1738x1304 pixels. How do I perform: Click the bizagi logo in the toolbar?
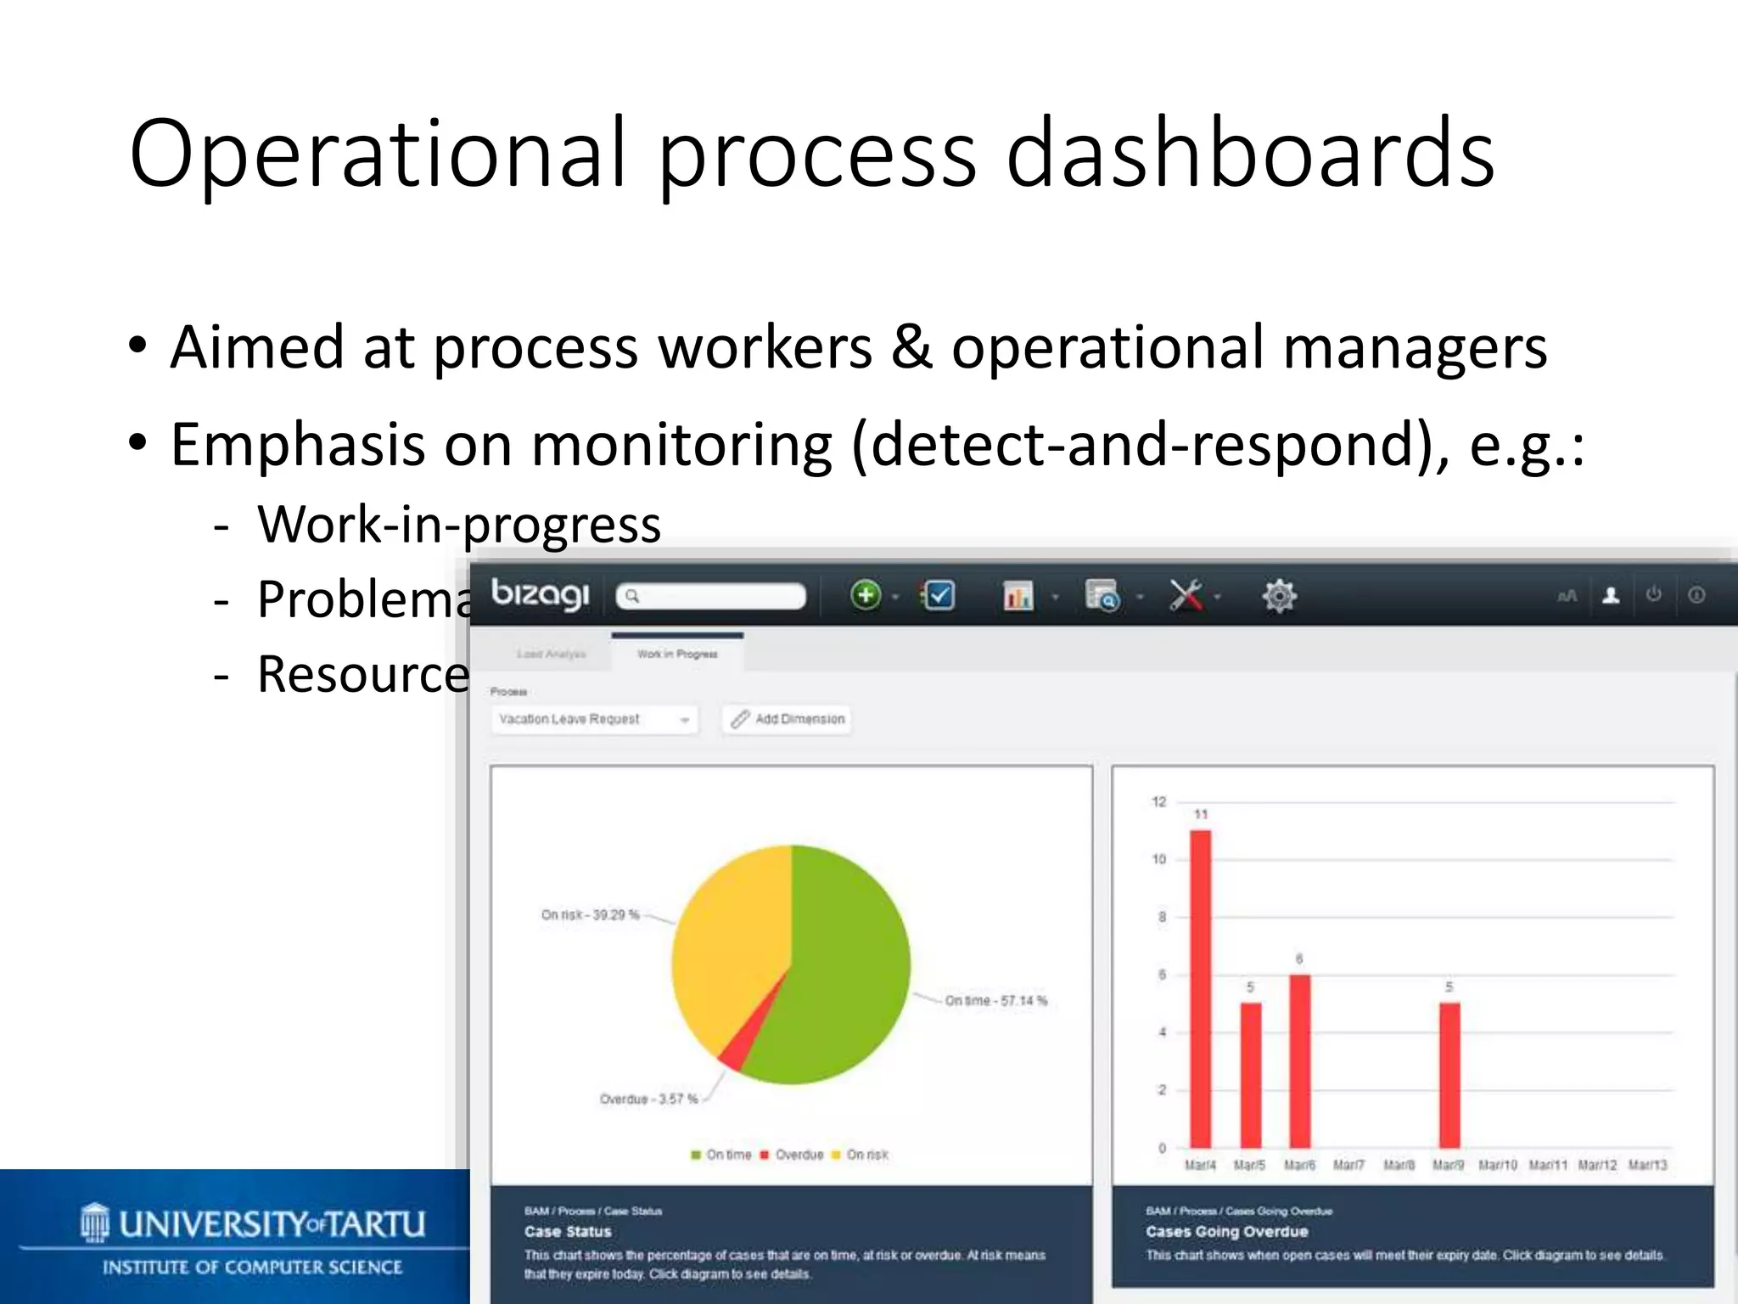coord(540,593)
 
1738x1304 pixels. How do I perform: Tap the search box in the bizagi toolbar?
coord(711,596)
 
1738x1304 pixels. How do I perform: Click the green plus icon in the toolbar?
coord(866,595)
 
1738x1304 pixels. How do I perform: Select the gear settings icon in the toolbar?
coord(1279,596)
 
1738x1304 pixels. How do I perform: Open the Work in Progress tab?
coord(677,654)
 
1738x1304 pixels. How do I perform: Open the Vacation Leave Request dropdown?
coord(594,719)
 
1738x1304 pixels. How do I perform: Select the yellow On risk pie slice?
coord(726,942)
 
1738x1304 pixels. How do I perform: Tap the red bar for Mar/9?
coord(1449,1075)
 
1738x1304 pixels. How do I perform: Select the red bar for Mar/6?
coord(1299,1061)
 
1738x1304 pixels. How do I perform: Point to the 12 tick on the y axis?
coord(1159,802)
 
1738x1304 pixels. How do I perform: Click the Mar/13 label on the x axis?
coord(1647,1166)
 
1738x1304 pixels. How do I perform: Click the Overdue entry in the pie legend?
coord(799,1155)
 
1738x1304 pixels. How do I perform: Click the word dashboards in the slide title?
coord(1249,154)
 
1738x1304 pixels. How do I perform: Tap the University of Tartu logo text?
coord(272,1224)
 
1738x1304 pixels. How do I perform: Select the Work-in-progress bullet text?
coord(459,524)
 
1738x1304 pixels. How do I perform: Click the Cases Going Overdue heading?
coord(1226,1232)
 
